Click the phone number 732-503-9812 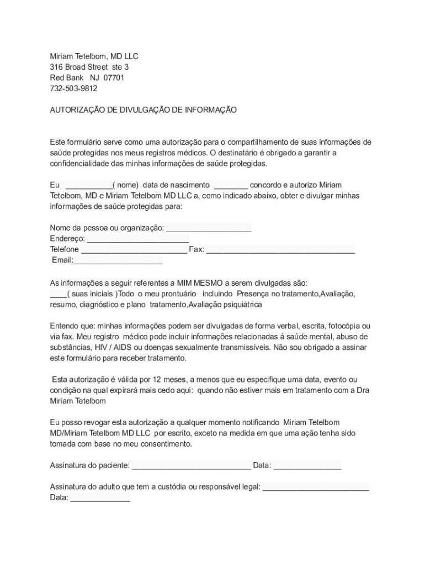[73, 88]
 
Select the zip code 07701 [114, 78]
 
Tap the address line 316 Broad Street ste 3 [89, 67]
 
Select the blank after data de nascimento [231, 186]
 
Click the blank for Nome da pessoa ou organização [209, 229]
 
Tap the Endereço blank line [138, 239]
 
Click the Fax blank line [280, 250]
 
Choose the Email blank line [118, 261]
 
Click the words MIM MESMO [200, 283]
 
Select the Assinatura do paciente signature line [191, 466]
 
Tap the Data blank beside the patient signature [307, 466]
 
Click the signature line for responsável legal [315, 488]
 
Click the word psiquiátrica [242, 305]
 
